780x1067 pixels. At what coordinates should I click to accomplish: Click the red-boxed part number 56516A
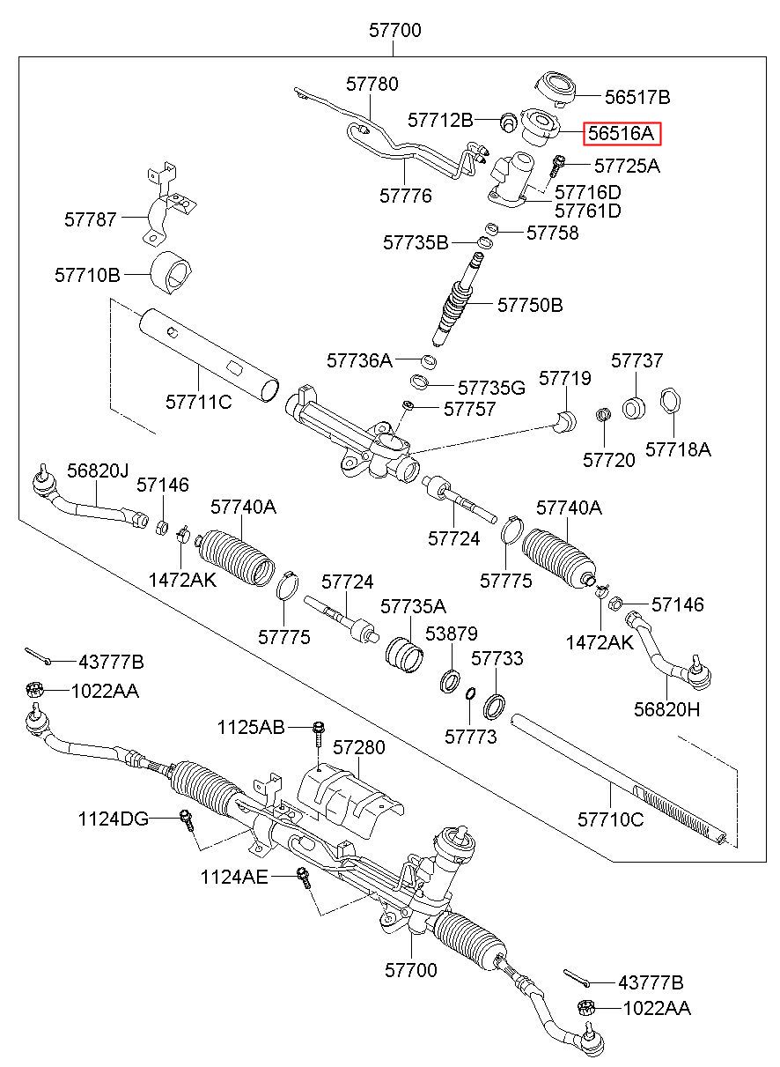click(621, 133)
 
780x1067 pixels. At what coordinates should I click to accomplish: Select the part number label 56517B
click(637, 97)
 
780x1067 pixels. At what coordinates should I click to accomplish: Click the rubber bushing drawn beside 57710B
click(173, 274)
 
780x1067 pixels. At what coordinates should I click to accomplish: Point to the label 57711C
click(198, 403)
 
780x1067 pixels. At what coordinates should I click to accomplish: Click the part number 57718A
click(678, 449)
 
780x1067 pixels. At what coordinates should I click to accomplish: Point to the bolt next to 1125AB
click(319, 730)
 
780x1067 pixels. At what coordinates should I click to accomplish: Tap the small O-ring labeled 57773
click(471, 692)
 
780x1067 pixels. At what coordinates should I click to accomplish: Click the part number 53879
click(451, 634)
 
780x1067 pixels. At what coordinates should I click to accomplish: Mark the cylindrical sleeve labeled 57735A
click(406, 655)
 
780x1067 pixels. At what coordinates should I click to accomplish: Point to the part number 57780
click(372, 85)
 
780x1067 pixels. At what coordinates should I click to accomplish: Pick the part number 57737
click(637, 361)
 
